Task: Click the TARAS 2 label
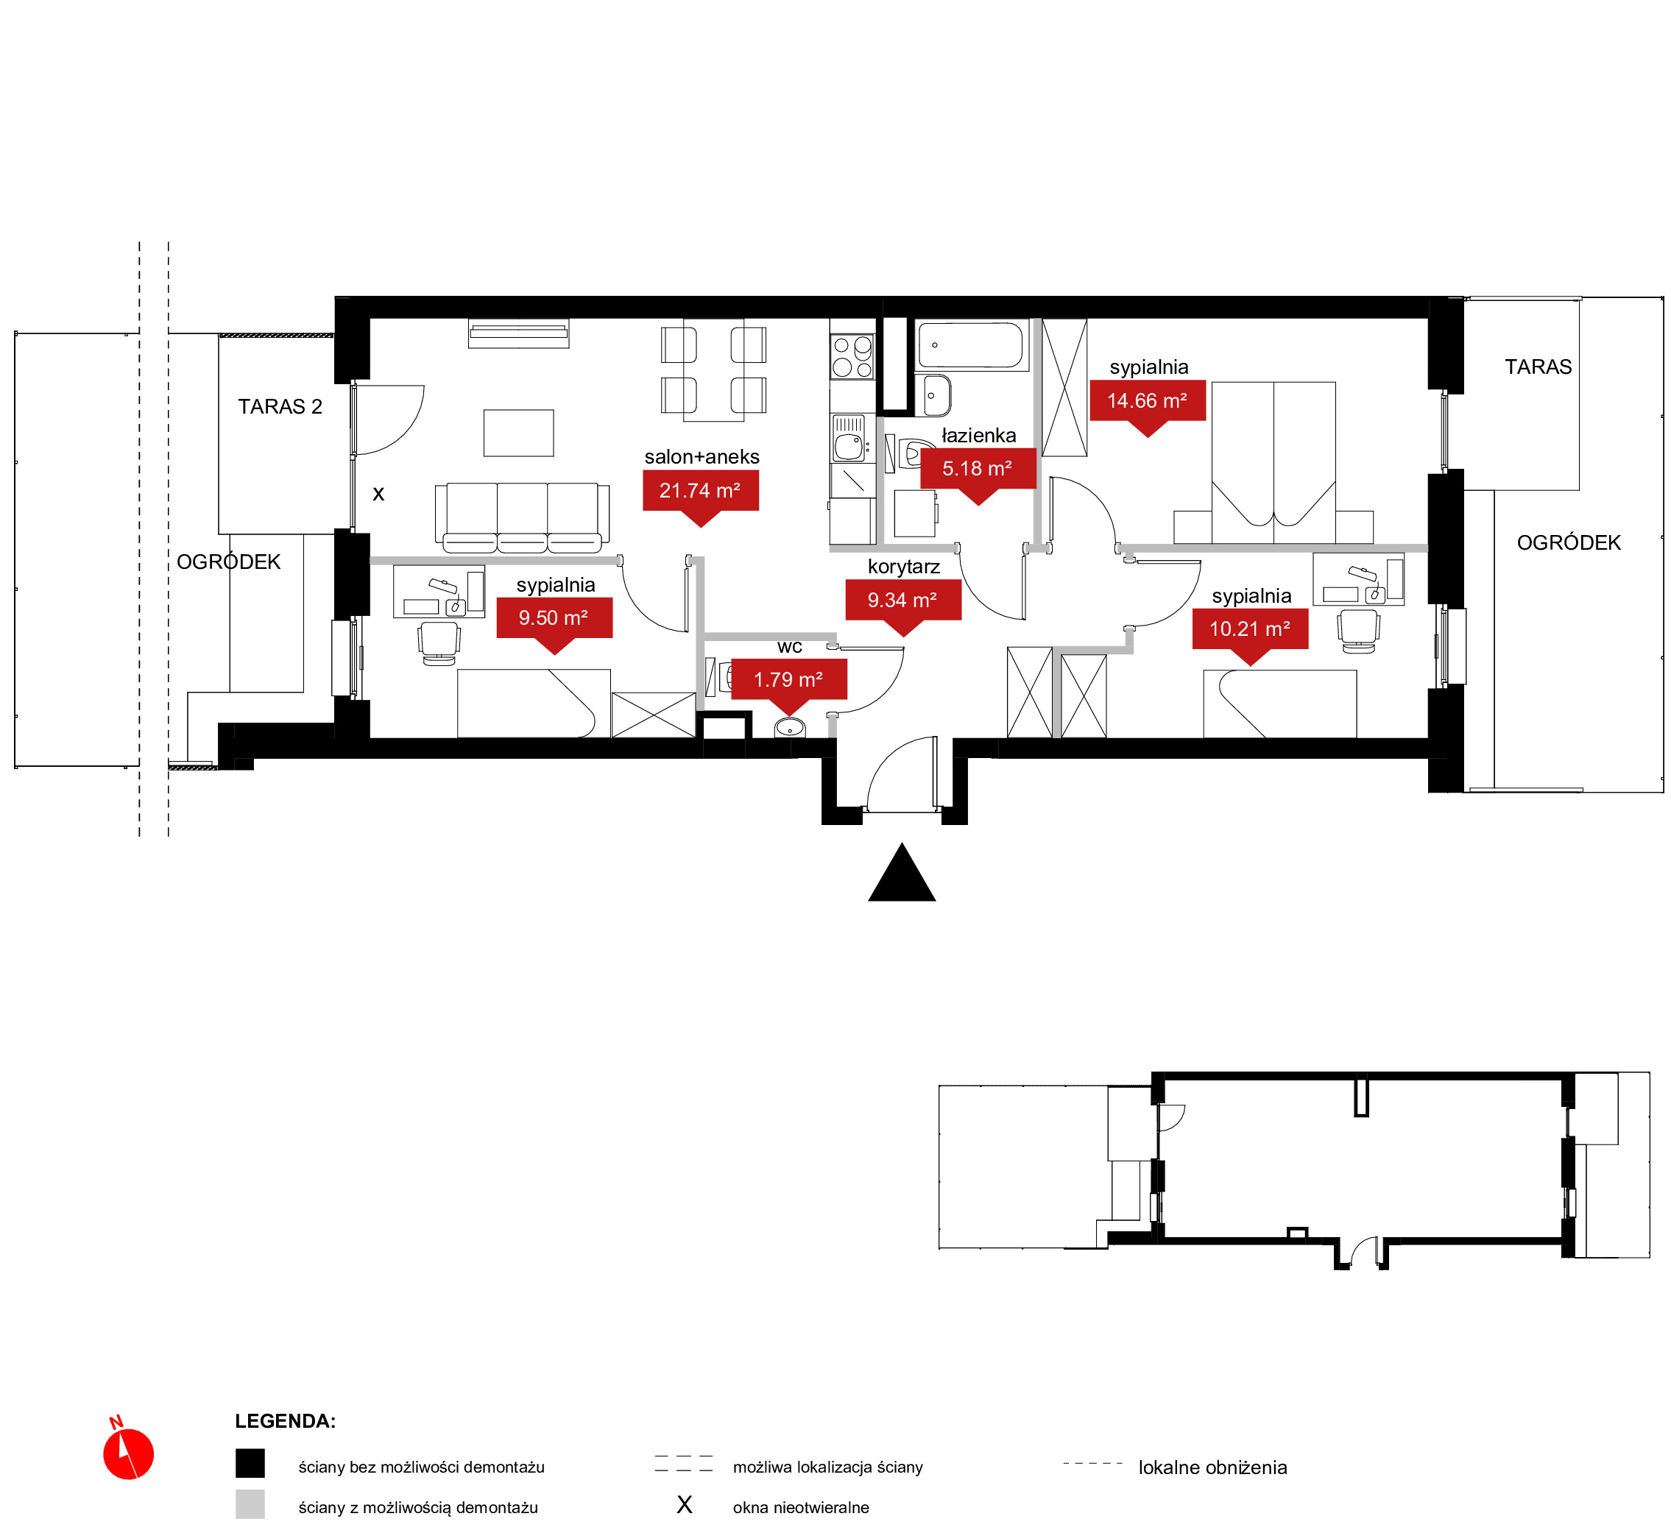[280, 406]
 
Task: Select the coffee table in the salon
[518, 433]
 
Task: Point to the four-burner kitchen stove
[853, 357]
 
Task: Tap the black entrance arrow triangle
[902, 874]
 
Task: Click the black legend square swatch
[250, 1463]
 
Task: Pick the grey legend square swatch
[250, 1504]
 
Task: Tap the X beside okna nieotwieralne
[685, 1505]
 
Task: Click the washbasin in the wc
[790, 728]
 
